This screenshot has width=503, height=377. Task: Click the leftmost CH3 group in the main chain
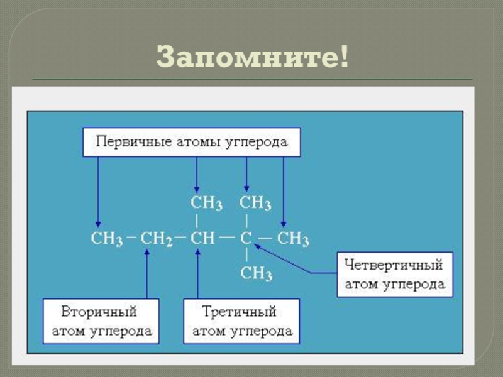click(x=106, y=239)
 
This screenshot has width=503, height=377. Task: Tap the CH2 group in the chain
click(x=156, y=239)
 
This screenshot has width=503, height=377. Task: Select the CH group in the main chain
click(x=202, y=239)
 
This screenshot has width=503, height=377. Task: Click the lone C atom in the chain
click(x=246, y=239)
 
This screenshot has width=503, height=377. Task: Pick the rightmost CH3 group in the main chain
click(x=294, y=239)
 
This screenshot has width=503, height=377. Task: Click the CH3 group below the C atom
click(x=256, y=274)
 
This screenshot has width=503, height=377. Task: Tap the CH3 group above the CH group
click(x=206, y=204)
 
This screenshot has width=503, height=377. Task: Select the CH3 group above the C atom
click(x=255, y=204)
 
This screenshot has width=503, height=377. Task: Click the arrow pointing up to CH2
click(x=146, y=273)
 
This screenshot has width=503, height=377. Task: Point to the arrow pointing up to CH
click(x=197, y=273)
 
